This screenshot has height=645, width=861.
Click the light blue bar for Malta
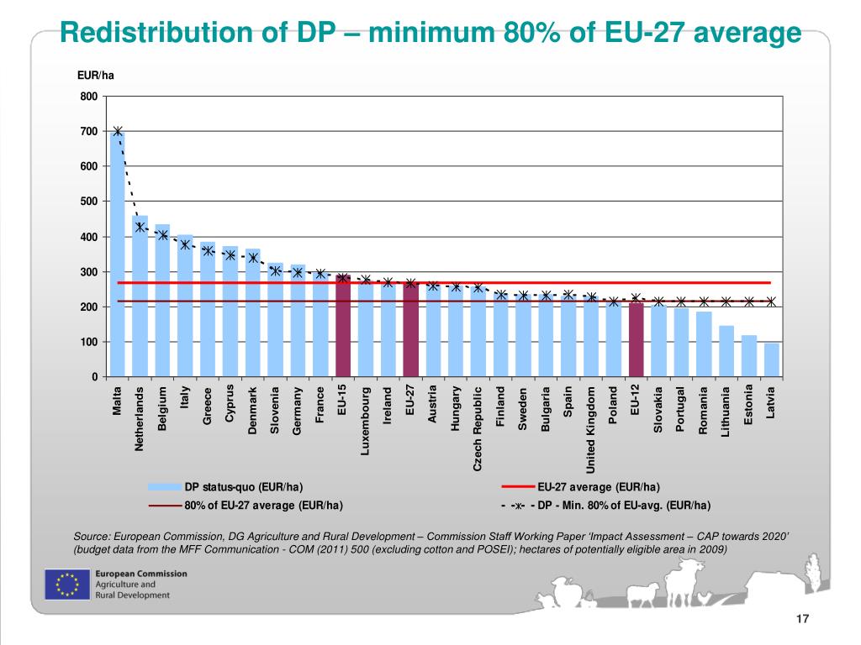click(x=118, y=252)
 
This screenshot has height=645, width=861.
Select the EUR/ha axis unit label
click(x=95, y=76)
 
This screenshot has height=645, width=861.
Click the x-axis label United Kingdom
click(x=591, y=428)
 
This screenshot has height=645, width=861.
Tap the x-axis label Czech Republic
click(x=478, y=428)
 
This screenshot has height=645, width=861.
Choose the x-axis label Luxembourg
click(x=366, y=421)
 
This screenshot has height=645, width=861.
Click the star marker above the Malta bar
click(x=118, y=131)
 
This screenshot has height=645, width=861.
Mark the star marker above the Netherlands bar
click(x=140, y=227)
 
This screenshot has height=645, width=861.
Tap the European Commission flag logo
click(x=66, y=584)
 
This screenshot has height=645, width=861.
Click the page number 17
click(x=801, y=619)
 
